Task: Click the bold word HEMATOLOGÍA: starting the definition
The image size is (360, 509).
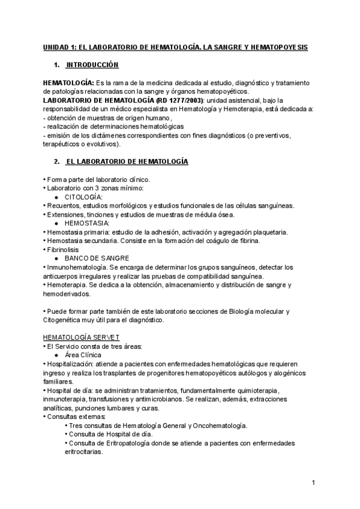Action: [x=68, y=82]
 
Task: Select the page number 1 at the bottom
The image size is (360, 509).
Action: [x=314, y=482]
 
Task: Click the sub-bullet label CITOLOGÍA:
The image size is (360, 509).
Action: [x=83, y=197]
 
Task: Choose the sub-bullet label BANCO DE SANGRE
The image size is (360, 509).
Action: [x=97, y=258]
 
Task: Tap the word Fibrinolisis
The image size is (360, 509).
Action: [x=62, y=249]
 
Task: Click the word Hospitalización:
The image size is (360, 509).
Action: [x=71, y=364]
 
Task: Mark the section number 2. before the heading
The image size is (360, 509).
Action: [x=56, y=162]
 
